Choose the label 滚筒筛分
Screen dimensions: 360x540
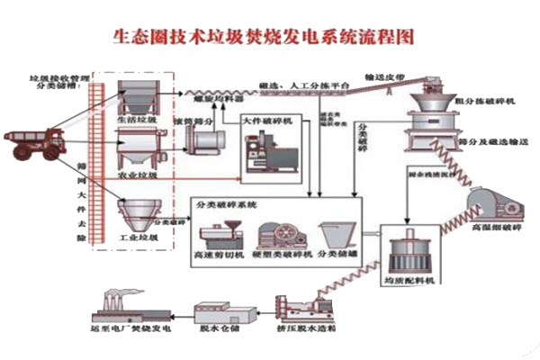pyautogui.click(x=200, y=116)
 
